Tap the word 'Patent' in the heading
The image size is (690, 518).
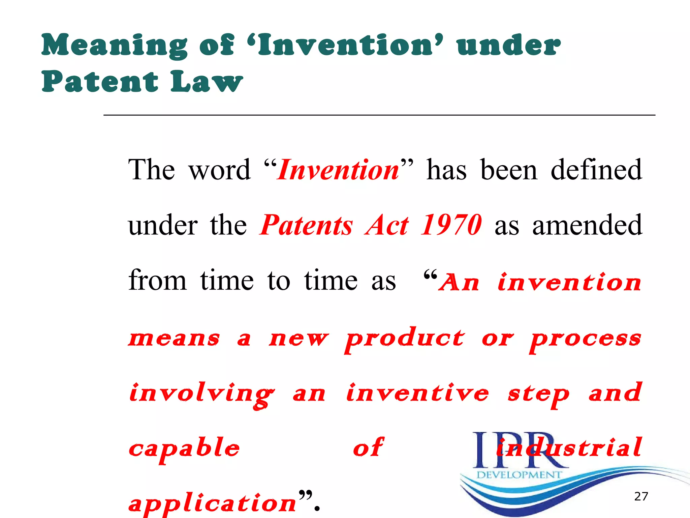pyautogui.click(x=100, y=82)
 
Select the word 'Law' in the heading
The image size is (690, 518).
pyautogui.click(x=207, y=82)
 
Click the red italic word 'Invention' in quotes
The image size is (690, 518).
pyautogui.click(x=338, y=170)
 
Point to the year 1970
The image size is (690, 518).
pyautogui.click(x=451, y=225)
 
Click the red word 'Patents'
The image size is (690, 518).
pyautogui.click(x=307, y=225)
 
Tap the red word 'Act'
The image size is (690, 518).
pyautogui.click(x=388, y=225)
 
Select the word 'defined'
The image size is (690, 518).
pyautogui.click(x=596, y=170)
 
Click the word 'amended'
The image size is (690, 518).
pyautogui.click(x=587, y=225)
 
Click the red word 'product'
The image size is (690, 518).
pyautogui.click(x=405, y=338)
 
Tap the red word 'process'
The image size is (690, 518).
pyautogui.click(x=585, y=338)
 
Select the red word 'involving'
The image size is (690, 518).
pyautogui.click(x=201, y=394)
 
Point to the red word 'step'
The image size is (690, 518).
pyautogui.click(x=538, y=394)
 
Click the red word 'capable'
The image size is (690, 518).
pyautogui.click(x=184, y=449)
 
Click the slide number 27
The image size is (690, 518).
pyautogui.click(x=641, y=496)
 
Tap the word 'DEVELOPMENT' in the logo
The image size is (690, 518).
pyautogui.click(x=519, y=475)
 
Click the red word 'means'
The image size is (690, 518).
pyautogui.click(x=174, y=338)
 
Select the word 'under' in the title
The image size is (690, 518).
pyautogui.click(x=509, y=46)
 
